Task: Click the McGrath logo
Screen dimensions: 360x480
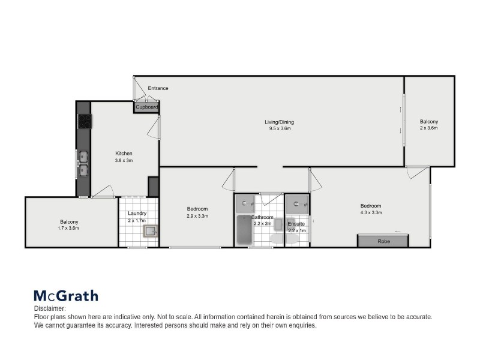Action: [x=65, y=296]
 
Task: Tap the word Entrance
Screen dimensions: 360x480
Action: [x=158, y=88]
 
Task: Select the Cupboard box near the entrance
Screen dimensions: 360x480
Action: [x=146, y=107]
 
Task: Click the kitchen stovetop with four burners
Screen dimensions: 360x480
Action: [x=84, y=121]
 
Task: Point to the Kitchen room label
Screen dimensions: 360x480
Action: [x=124, y=153]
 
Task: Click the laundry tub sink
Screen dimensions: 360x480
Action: [x=150, y=230]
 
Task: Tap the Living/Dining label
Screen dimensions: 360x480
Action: [x=279, y=122]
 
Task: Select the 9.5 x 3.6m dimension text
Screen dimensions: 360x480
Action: [x=279, y=129]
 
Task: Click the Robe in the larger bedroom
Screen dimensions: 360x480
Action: [x=382, y=241]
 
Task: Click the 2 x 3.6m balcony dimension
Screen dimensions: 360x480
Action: [x=429, y=128]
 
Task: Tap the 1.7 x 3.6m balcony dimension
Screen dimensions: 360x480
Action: [x=68, y=229]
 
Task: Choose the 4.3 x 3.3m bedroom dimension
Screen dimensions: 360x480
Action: [x=370, y=213]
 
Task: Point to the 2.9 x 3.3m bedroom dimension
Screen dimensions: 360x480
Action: [x=197, y=216]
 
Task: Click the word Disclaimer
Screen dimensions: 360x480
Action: [x=48, y=308]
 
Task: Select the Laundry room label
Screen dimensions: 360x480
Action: [x=137, y=214]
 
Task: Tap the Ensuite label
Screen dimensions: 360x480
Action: [x=296, y=224]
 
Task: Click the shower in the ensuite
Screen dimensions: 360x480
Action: [x=298, y=204]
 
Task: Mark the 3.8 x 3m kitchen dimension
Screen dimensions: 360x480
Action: [x=124, y=160]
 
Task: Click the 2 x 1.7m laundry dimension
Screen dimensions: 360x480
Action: [x=137, y=221]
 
